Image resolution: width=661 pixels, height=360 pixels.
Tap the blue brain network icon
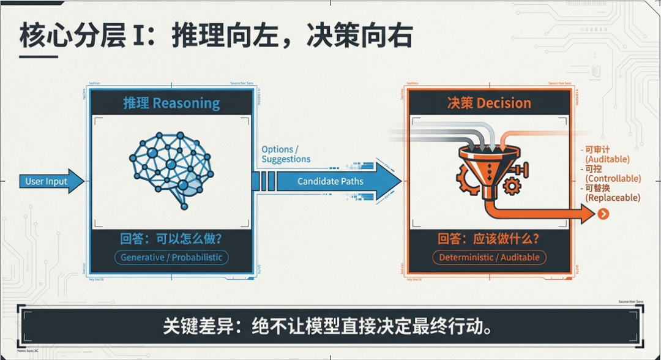171,170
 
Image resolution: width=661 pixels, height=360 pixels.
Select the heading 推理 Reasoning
171,103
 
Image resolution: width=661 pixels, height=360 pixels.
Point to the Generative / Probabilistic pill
171,257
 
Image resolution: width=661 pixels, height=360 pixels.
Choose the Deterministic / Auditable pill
489,257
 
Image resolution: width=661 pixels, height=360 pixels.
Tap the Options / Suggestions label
286,154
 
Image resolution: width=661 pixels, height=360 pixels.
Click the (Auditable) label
607,159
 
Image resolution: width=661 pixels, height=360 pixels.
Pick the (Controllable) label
613,179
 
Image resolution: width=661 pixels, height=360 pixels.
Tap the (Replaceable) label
613,198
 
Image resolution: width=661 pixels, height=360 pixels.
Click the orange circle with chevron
603,214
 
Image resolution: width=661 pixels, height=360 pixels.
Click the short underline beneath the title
38,57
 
